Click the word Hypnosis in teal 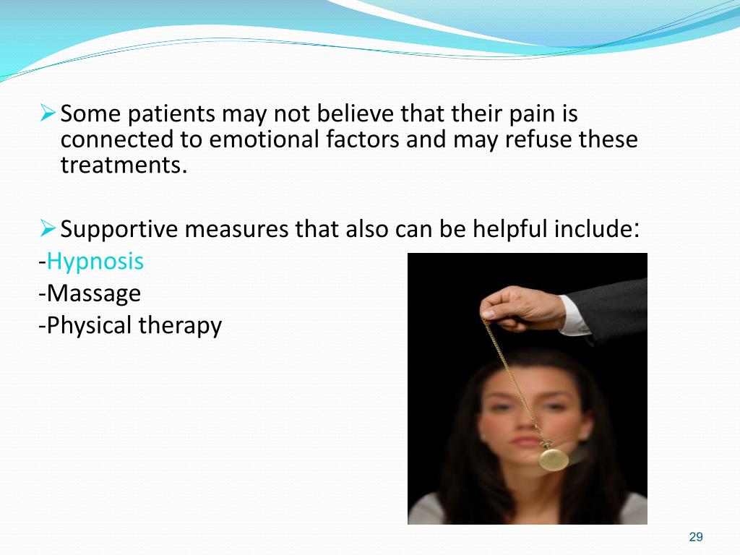(x=95, y=262)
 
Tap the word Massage (x=92, y=293)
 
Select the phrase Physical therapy (x=134, y=326)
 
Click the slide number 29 (x=696, y=536)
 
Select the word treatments (x=123, y=165)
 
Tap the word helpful (x=511, y=230)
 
